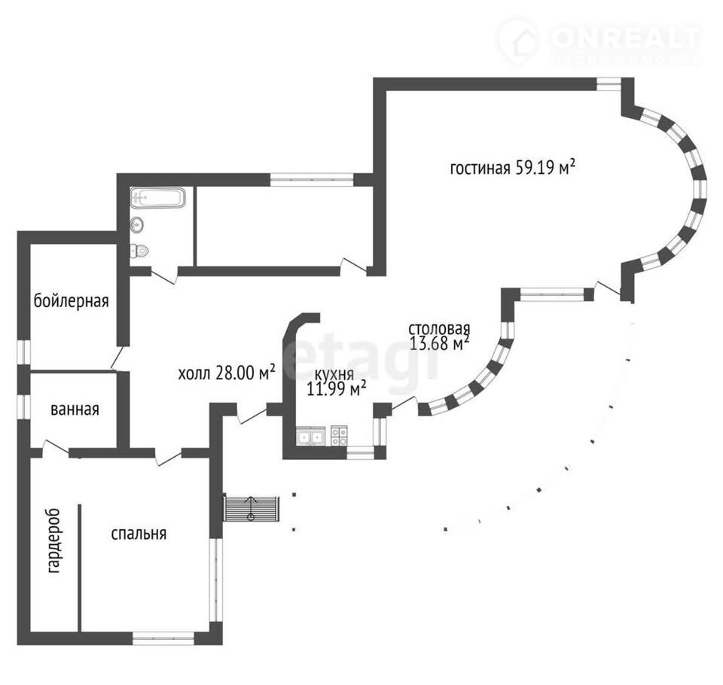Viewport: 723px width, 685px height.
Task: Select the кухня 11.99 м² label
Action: point(337,382)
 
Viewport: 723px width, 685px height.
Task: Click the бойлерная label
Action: point(72,301)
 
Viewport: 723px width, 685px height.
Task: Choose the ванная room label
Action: point(75,409)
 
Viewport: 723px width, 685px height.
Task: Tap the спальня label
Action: point(139,534)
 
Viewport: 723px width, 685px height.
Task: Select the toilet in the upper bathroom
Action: point(139,251)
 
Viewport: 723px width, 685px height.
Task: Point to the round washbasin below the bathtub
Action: point(137,224)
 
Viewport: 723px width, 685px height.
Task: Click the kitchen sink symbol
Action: point(310,435)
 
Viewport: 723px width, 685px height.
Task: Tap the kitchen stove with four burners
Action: point(339,435)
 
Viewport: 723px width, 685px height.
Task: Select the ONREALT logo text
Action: point(625,36)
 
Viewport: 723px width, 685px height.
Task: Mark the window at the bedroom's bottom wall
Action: point(163,638)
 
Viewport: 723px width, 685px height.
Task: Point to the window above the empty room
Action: point(311,179)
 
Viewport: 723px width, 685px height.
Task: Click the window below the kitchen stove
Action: point(360,453)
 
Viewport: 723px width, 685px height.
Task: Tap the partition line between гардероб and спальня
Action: point(79,565)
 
